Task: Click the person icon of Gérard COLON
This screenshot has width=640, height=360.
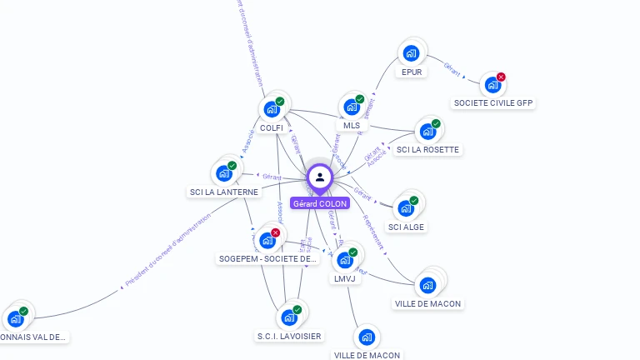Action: click(320, 177)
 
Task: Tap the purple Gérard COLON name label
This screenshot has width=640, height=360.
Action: click(320, 203)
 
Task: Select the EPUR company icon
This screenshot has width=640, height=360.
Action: click(410, 53)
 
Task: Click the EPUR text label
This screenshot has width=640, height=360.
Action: click(412, 72)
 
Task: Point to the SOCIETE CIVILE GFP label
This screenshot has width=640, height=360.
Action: click(493, 103)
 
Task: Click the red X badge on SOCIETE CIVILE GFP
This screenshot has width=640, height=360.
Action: click(501, 77)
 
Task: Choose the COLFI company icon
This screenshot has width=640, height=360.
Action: click(272, 109)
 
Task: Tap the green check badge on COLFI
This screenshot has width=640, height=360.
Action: click(280, 101)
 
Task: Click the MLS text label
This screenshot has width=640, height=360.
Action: click(352, 126)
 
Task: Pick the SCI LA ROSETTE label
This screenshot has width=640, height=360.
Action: click(427, 150)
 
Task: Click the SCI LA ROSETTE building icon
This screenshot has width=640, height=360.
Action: click(427, 132)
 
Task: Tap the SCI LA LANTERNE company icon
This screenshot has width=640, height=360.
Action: click(223, 173)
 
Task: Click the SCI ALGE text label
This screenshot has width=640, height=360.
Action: click(407, 227)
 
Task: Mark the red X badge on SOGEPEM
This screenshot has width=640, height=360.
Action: click(276, 232)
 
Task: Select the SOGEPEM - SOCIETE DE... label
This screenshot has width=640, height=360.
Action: click(267, 259)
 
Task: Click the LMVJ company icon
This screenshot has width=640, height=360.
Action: click(345, 259)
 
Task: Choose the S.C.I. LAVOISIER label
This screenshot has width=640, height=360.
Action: click(289, 336)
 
